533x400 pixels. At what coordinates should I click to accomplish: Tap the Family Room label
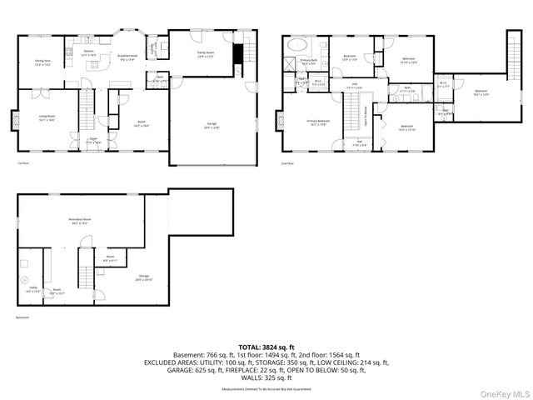[x=206, y=54]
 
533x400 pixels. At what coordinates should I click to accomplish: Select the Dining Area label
[x=42, y=62]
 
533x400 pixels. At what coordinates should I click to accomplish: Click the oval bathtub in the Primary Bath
[x=298, y=47]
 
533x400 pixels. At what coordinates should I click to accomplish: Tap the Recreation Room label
[x=80, y=221]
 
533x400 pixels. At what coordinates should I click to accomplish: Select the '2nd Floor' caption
[x=287, y=164]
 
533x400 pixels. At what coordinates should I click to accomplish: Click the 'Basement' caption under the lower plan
[x=22, y=317]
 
